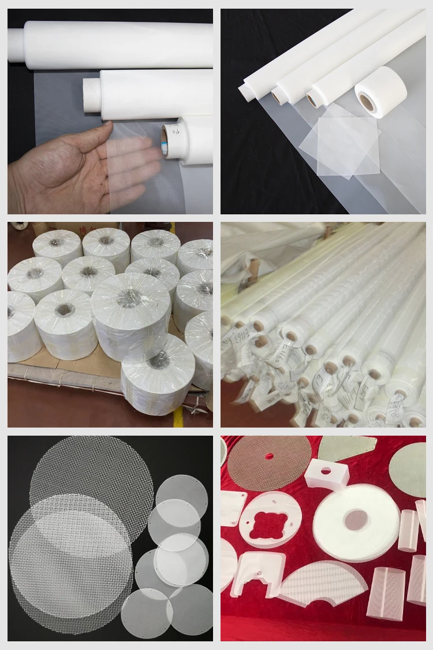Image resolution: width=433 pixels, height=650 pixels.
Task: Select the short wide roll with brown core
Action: tap(381, 92)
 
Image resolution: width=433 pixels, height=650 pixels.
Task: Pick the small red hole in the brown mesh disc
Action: tap(269, 456)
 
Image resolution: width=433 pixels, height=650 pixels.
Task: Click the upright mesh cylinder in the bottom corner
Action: tap(386, 593)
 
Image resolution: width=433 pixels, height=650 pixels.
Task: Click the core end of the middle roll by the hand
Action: tap(91, 95)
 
